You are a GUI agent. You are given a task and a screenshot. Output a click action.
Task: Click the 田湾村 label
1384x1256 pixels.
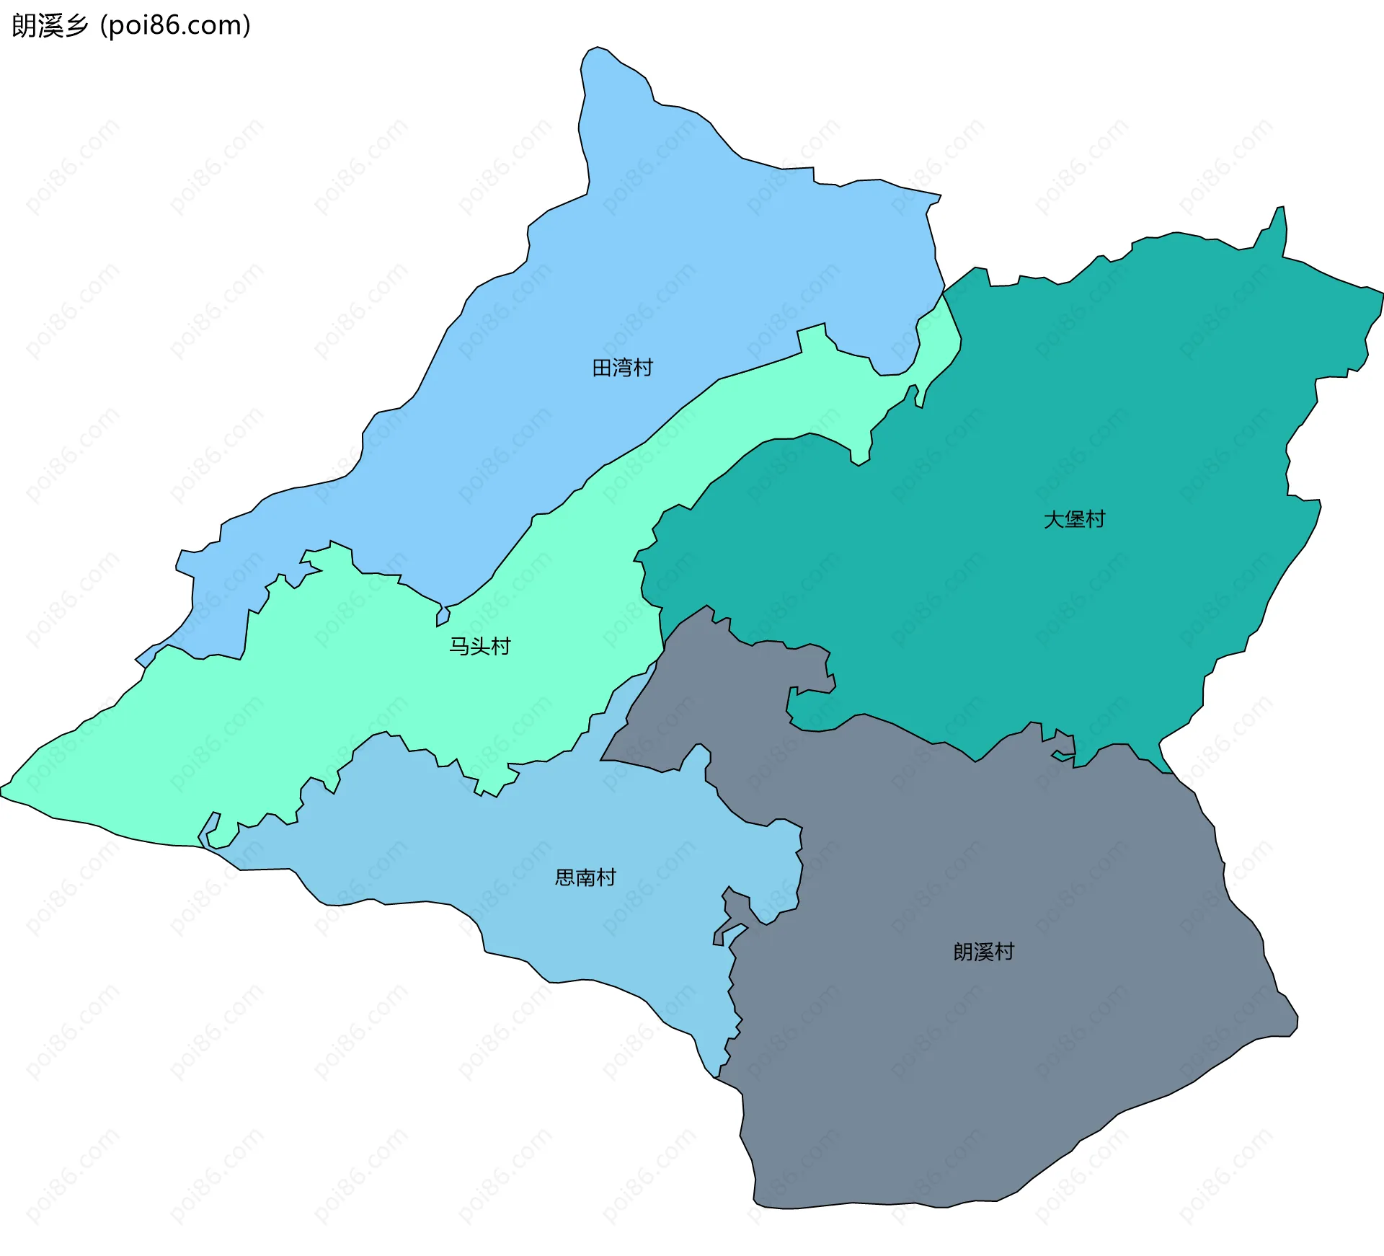tap(622, 368)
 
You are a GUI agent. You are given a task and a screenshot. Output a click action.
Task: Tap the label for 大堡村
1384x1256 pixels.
tap(1074, 519)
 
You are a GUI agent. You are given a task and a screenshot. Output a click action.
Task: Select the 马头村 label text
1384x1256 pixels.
tap(479, 646)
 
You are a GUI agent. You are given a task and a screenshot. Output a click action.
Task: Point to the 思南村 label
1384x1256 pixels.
tap(585, 877)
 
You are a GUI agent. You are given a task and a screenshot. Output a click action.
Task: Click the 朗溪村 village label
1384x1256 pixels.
tap(983, 952)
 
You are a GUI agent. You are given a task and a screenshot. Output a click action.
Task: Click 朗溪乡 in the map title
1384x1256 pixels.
tap(50, 26)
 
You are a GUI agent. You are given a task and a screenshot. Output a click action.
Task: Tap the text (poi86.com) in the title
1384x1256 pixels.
tap(175, 26)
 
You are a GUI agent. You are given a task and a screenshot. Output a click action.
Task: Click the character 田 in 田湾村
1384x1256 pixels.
tap(602, 368)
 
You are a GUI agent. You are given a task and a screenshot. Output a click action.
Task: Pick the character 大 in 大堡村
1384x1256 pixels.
tap(1054, 519)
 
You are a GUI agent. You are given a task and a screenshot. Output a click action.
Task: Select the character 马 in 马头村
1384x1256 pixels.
tap(459, 646)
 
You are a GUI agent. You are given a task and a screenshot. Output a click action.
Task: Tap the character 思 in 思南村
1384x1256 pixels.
tap(565, 877)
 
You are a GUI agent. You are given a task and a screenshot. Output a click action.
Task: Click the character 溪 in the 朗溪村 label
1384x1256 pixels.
tap(983, 952)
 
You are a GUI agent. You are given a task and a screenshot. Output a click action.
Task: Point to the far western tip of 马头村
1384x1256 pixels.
tap(2, 790)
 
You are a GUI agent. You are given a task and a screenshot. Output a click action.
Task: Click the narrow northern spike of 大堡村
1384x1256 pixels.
tap(1281, 211)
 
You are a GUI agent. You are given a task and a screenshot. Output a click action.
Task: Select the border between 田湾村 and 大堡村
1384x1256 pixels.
tap(943, 295)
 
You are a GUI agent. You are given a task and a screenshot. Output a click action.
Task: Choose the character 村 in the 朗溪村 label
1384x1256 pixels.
tap(1004, 952)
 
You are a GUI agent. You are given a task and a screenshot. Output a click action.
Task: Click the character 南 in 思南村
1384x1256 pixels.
tap(585, 877)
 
